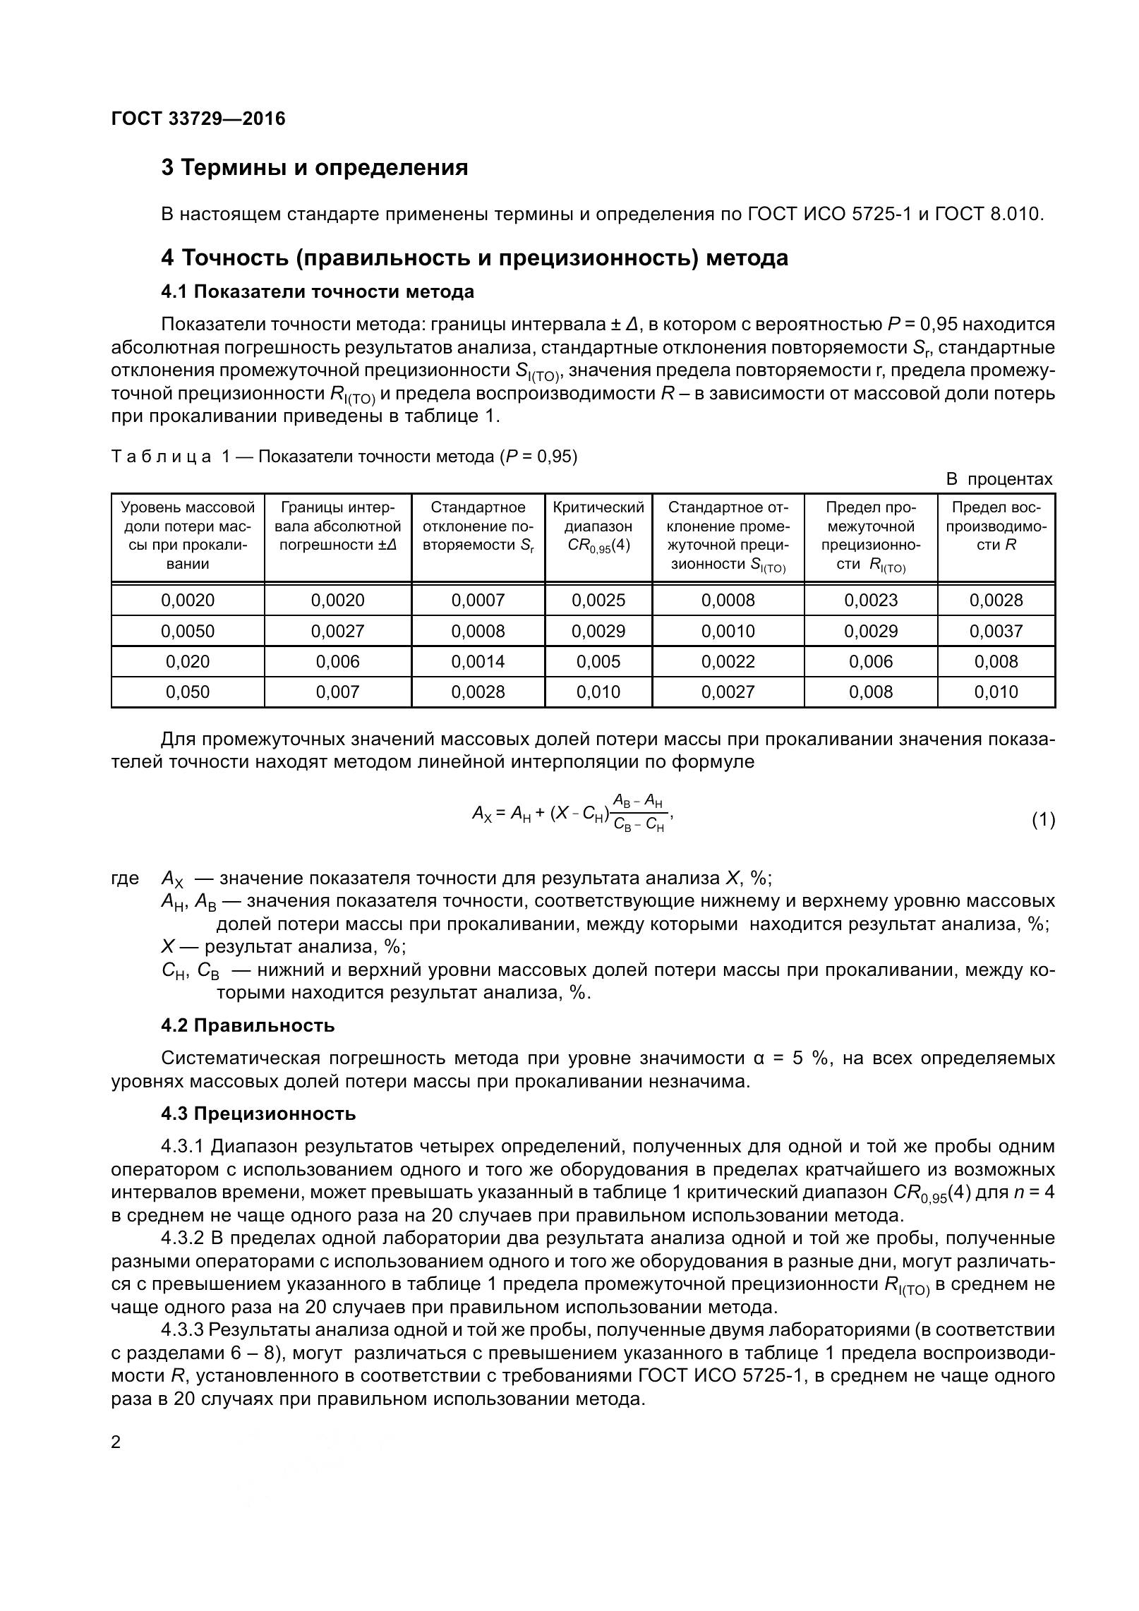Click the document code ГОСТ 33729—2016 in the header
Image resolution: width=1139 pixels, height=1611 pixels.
(198, 119)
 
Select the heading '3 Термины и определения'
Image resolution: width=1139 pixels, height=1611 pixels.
(314, 168)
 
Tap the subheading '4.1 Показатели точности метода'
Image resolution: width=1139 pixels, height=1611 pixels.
(317, 291)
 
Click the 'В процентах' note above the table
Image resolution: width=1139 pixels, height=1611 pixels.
(999, 479)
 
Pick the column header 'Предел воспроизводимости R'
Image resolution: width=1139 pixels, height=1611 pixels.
(996, 526)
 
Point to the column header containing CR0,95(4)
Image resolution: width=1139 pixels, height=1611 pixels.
(598, 536)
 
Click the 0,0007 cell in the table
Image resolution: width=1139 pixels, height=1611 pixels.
(478, 601)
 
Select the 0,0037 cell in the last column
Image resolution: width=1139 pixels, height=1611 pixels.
(996, 631)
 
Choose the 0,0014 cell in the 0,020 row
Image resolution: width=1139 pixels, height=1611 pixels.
(478, 661)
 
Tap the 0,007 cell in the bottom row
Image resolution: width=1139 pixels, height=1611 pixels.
(337, 692)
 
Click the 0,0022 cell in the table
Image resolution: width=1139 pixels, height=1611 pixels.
(728, 661)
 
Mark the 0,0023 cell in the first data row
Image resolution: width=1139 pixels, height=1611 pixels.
(870, 601)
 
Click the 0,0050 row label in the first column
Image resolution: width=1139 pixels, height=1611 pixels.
(188, 631)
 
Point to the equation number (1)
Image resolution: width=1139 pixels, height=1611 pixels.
(1043, 820)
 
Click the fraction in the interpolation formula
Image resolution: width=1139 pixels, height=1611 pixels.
(638, 812)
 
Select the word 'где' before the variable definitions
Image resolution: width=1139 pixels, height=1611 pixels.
(125, 879)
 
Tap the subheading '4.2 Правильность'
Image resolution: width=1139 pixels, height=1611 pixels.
(248, 1025)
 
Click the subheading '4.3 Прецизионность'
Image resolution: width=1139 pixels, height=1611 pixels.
(258, 1114)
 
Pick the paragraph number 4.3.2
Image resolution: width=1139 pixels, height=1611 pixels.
(183, 1238)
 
